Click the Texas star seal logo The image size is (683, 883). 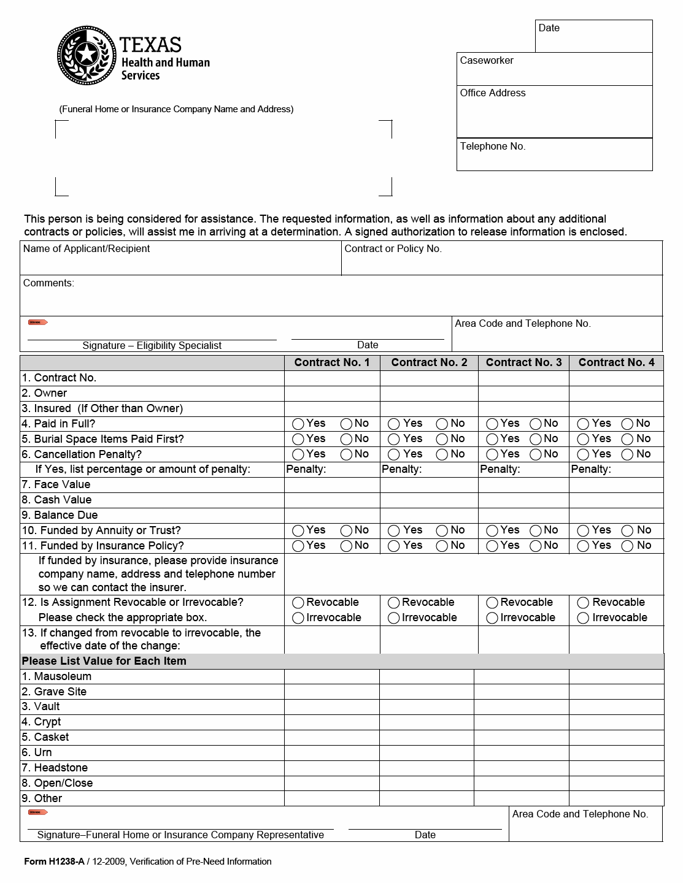[x=87, y=56]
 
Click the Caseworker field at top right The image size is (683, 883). [x=554, y=72]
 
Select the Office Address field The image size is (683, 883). [x=554, y=115]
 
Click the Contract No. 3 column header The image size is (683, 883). [x=523, y=362]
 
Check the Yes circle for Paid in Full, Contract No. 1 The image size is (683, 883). [x=298, y=424]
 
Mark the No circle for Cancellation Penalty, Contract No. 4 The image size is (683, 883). [x=627, y=454]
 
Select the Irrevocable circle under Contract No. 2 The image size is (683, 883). [x=394, y=618]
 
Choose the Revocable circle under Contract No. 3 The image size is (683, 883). [x=492, y=603]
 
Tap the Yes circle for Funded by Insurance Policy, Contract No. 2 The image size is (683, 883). [x=394, y=546]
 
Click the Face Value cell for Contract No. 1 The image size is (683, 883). [x=332, y=485]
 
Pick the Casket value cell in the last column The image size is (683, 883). [x=616, y=737]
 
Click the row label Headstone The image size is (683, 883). [x=61, y=768]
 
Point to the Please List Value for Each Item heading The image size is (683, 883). [x=104, y=661]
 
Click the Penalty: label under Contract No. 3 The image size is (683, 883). [x=500, y=469]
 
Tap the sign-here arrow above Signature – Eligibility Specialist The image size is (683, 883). [x=37, y=323]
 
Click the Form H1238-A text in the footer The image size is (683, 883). [x=54, y=862]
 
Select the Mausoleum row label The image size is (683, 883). [x=63, y=676]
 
